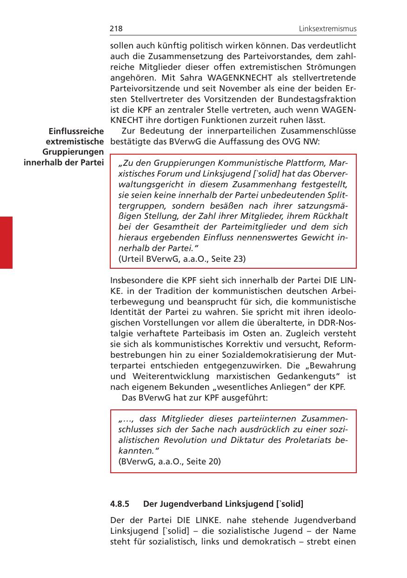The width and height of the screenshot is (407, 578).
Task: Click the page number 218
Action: (x=116, y=29)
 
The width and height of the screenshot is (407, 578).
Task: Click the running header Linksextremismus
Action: (x=327, y=29)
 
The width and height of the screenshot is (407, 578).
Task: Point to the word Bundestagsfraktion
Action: (x=325, y=99)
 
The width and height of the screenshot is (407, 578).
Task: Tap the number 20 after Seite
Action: (x=214, y=462)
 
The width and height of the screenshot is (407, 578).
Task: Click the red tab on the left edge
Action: (x=6, y=242)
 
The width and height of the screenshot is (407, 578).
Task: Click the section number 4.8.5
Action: (x=120, y=504)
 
